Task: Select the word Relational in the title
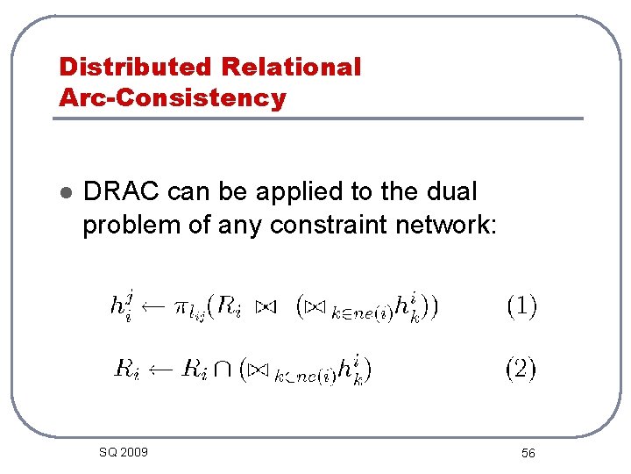pyautogui.click(x=291, y=67)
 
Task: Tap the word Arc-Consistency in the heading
pyautogui.click(x=173, y=97)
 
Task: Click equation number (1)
pyautogui.click(x=521, y=306)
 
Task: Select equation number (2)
pyautogui.click(x=521, y=369)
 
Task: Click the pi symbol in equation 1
pyautogui.click(x=181, y=308)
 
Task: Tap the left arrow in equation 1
pyautogui.click(x=152, y=307)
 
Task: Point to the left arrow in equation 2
pyautogui.click(x=160, y=370)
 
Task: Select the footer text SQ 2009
pyautogui.click(x=123, y=452)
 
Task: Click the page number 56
pyautogui.click(x=528, y=453)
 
